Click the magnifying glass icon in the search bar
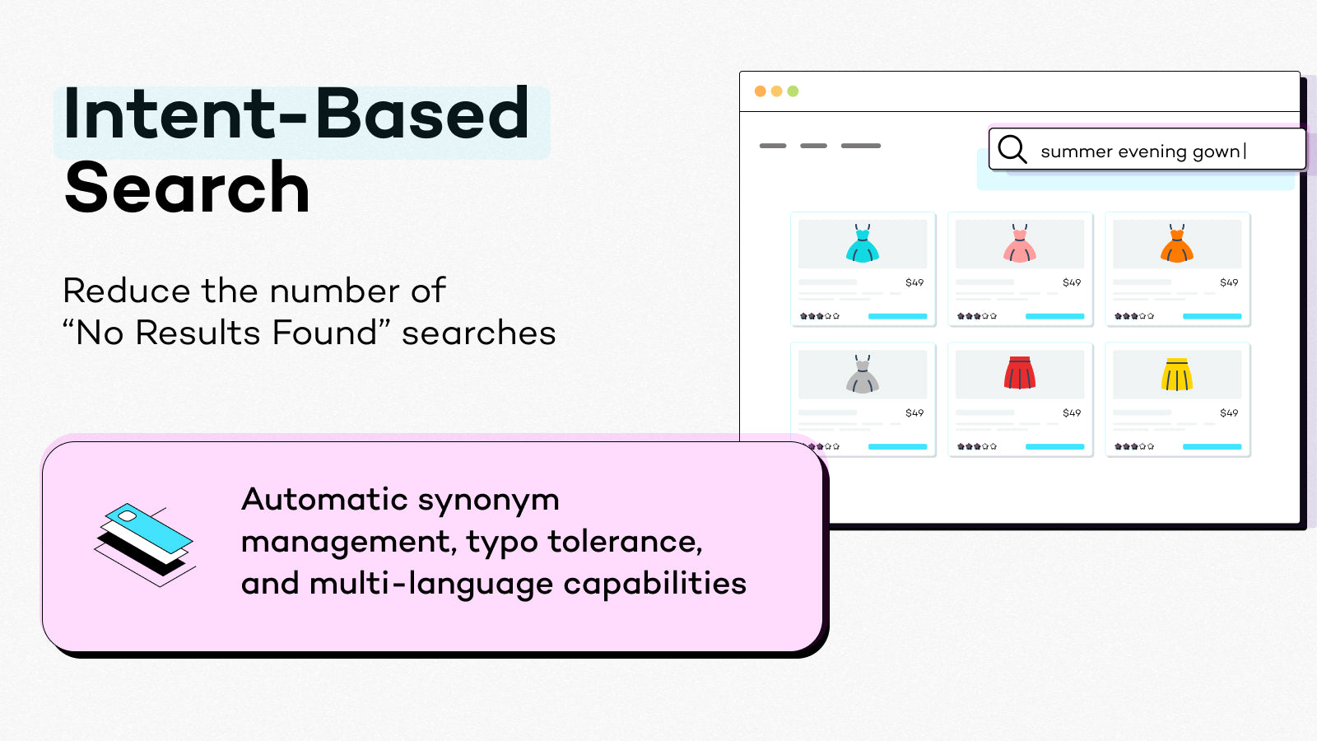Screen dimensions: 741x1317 1012,150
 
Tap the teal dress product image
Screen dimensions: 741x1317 863,244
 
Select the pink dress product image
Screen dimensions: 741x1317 1020,244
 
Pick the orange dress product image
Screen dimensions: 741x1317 1177,244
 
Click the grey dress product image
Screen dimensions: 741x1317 863,375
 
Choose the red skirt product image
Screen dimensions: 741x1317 1020,373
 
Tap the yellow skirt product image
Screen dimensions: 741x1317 1177,375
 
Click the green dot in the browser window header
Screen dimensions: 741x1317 793,91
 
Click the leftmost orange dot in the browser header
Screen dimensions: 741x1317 760,91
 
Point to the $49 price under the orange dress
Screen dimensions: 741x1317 1229,282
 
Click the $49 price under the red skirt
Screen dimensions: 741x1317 1072,413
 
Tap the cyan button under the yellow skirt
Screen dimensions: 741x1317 1212,446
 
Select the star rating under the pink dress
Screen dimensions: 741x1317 977,316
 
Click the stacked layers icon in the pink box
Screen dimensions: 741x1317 145,544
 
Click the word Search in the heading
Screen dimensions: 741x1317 187,189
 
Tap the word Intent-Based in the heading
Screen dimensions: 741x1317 296,114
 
